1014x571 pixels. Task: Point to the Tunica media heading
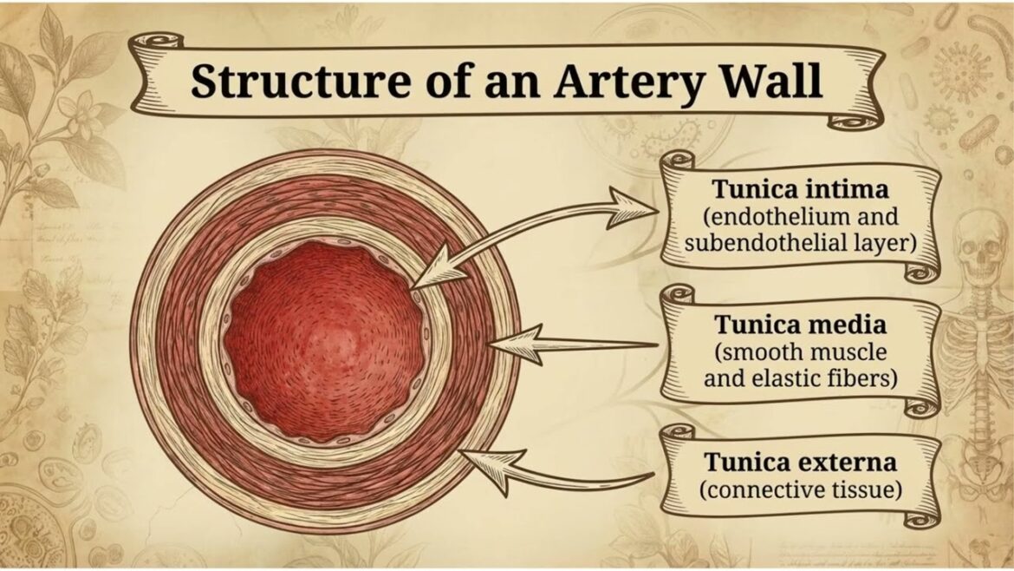799,325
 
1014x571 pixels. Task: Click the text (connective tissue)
799,489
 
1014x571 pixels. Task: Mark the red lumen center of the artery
322,339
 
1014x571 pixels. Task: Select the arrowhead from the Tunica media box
517,344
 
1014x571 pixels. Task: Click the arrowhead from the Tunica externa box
491,460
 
